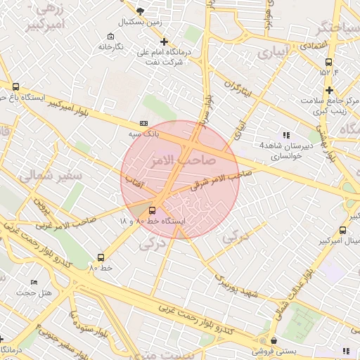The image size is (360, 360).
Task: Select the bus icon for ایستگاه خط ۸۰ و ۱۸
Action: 153,210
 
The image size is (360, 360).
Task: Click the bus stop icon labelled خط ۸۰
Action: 101,257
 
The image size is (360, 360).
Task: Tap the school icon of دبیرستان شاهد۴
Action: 285,134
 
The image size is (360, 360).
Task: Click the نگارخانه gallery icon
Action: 110,37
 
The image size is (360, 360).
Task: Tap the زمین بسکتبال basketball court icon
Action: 140,11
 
